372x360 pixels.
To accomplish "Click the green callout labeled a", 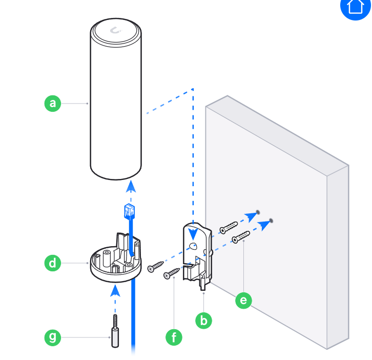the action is (53, 103).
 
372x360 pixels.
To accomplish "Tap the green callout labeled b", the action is (203, 321).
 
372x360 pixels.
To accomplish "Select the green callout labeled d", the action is (53, 263).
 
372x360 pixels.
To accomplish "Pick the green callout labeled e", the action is (244, 301).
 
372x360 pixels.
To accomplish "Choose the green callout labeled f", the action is (174, 337).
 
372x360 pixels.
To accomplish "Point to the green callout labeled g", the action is (53, 337).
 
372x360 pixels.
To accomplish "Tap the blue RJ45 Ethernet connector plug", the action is (129, 211).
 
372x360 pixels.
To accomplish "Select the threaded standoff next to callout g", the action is (115, 331).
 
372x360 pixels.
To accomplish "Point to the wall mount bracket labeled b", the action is (197, 255).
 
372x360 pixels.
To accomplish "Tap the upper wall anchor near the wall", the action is (229, 228).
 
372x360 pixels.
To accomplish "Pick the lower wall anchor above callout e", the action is (241, 237).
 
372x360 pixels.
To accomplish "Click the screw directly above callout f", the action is (172, 273).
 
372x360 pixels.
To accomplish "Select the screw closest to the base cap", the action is (156, 267).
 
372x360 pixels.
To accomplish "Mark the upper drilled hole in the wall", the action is (258, 212).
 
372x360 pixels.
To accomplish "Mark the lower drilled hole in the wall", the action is (271, 221).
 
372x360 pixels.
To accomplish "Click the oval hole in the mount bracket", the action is (194, 246).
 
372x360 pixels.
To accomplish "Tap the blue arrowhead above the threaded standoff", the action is (115, 291).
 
